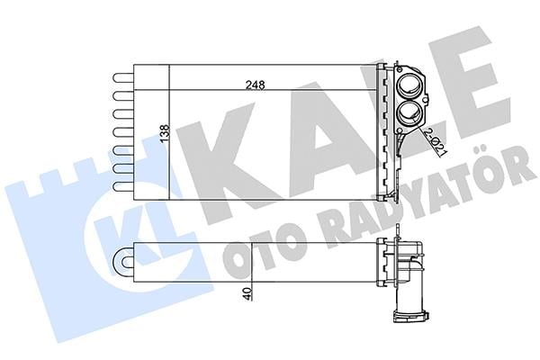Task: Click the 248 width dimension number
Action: [256, 85]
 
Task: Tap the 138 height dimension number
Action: [165, 132]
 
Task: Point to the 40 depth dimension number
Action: [247, 294]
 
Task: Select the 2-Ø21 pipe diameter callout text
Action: [435, 141]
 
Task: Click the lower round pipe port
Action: [409, 113]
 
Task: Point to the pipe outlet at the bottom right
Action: [411, 316]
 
